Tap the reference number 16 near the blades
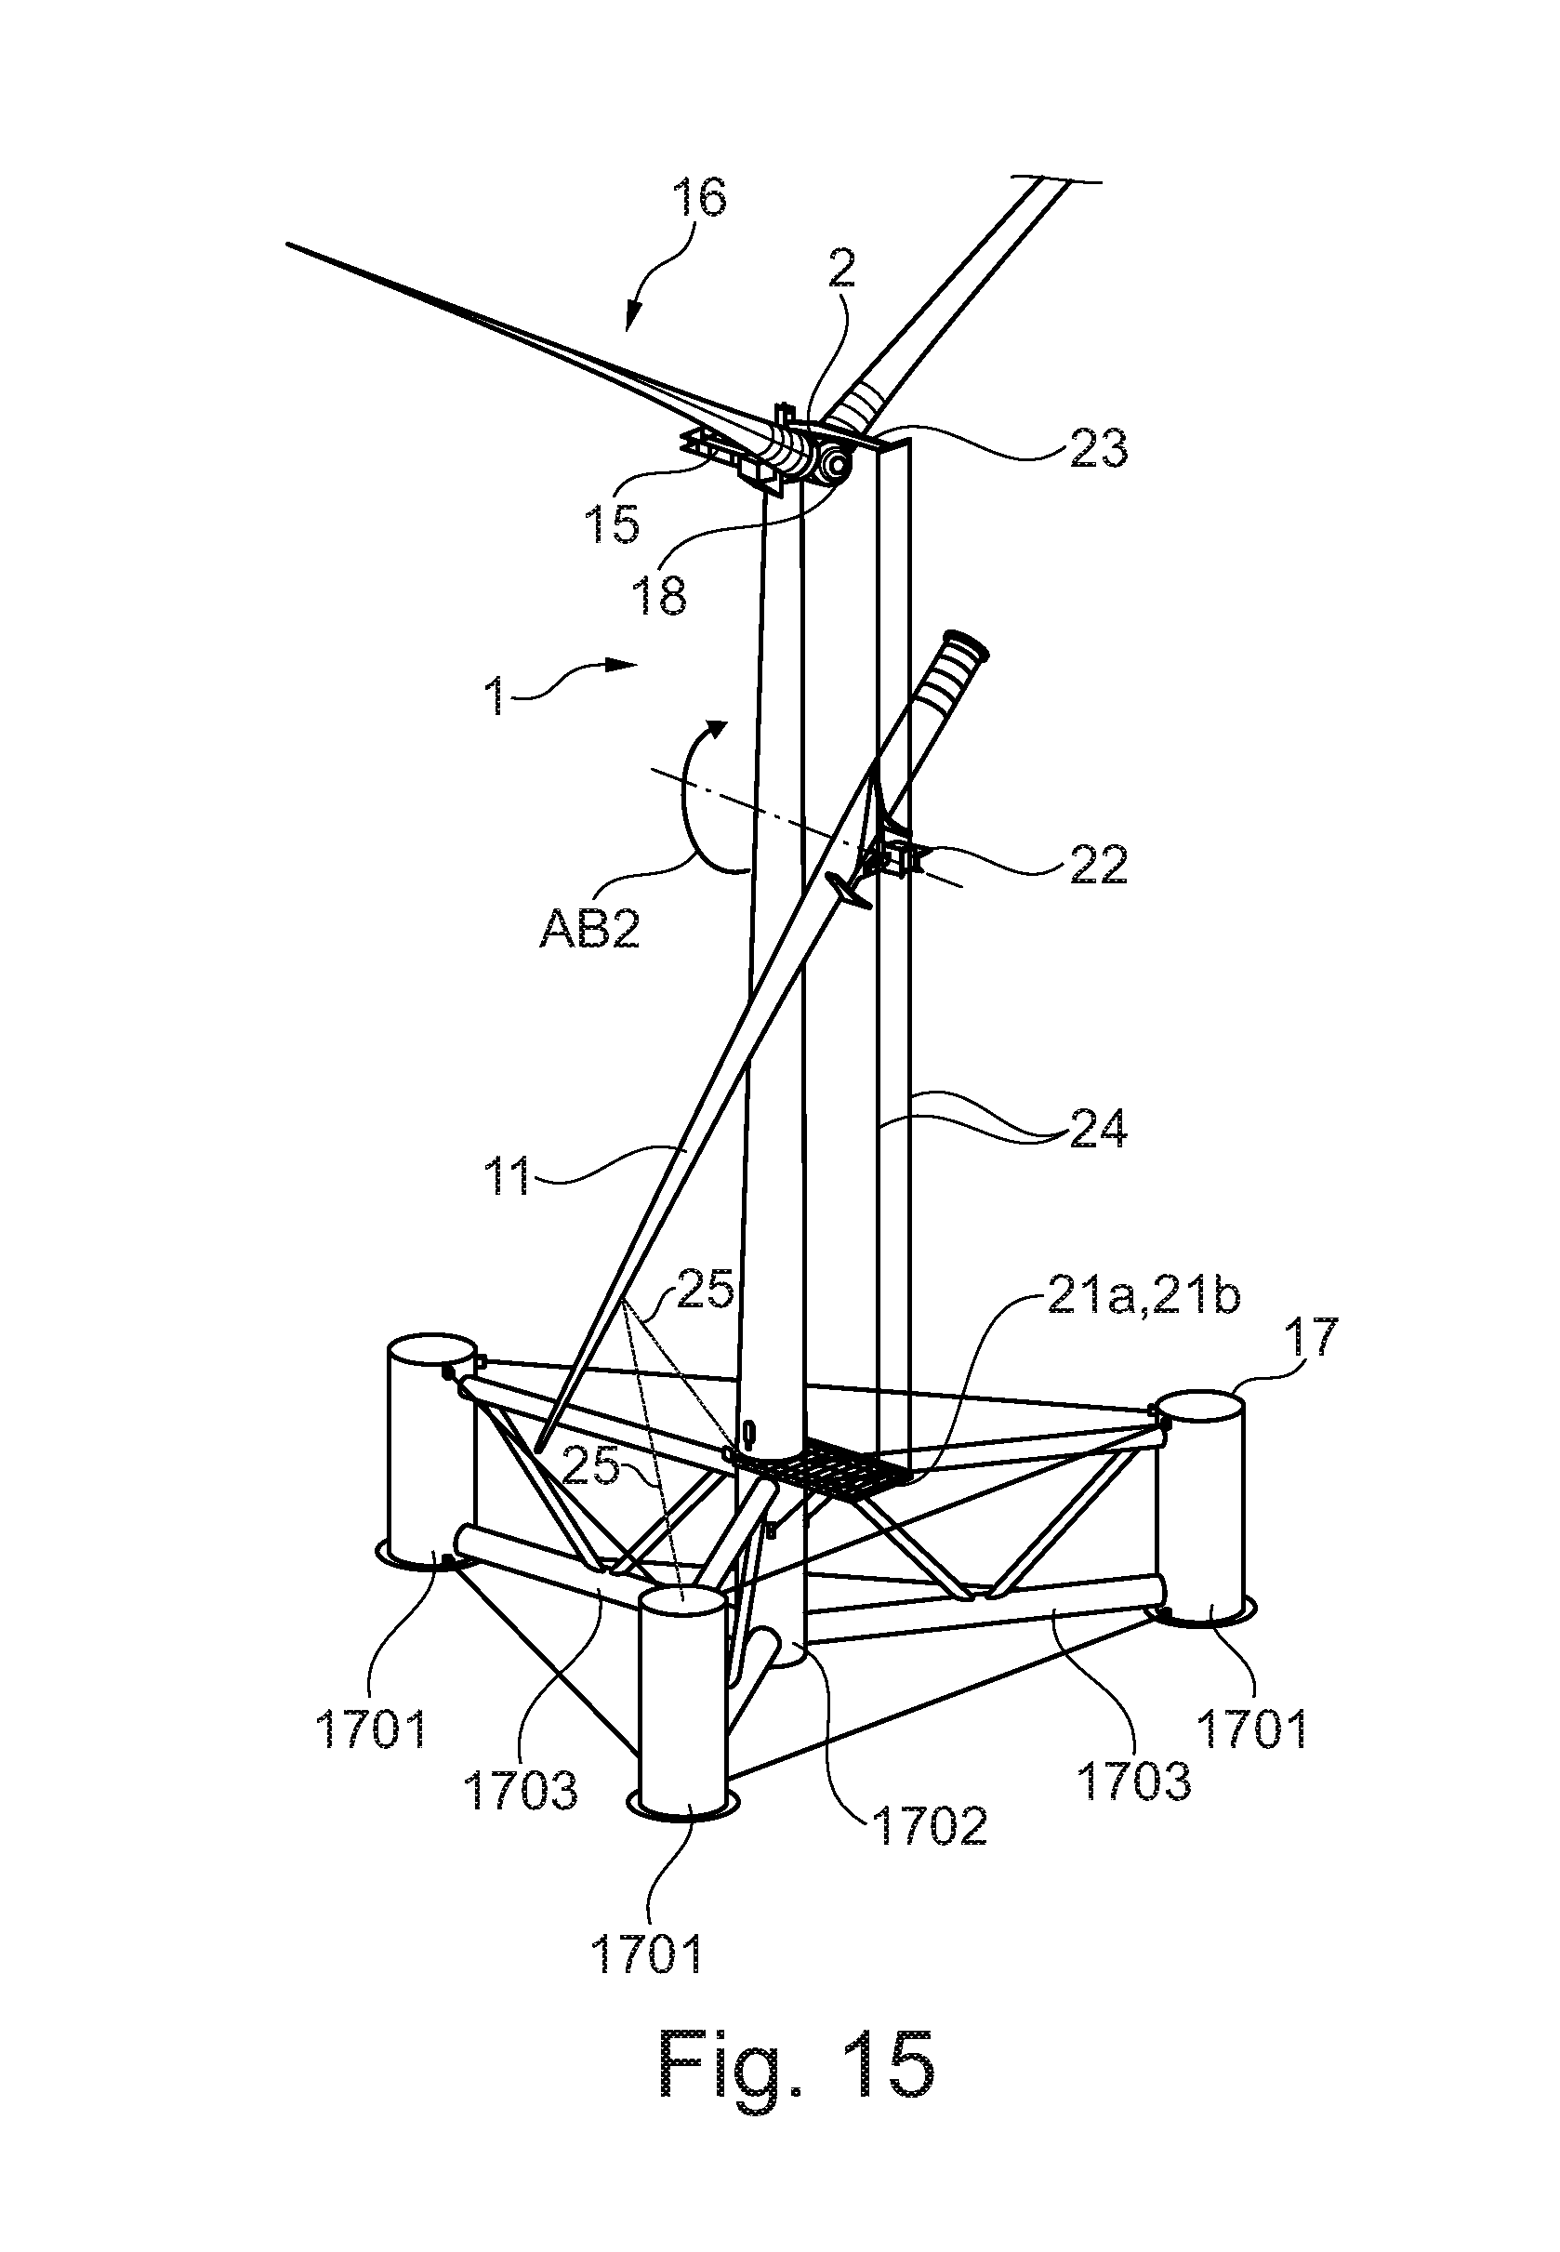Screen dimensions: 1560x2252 click(x=699, y=199)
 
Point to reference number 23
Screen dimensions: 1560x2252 click(x=1098, y=449)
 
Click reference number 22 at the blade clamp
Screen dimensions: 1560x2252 click(x=1098, y=863)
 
